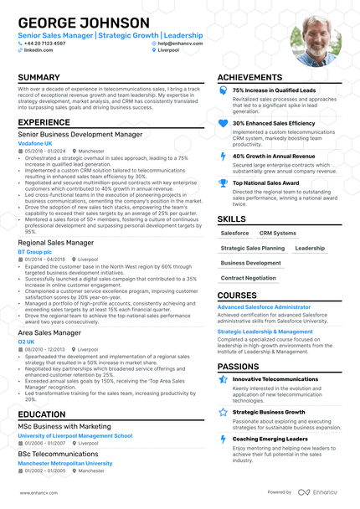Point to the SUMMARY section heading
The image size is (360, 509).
[x=39, y=78]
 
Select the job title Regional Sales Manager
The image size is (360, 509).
[x=56, y=243]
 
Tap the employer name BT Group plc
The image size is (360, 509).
[x=34, y=251]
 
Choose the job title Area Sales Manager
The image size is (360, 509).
[x=49, y=332]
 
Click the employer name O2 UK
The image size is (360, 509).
[x=26, y=342]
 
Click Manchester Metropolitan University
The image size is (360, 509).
[x=65, y=463]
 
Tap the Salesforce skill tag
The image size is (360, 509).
[x=235, y=233]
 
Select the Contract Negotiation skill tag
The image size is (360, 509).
[x=249, y=278]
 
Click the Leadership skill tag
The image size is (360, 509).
[x=310, y=248]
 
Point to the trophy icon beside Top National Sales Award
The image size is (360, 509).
[x=223, y=183]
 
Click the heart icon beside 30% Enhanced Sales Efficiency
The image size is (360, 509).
[x=223, y=123]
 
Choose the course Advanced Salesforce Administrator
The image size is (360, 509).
[x=265, y=307]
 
